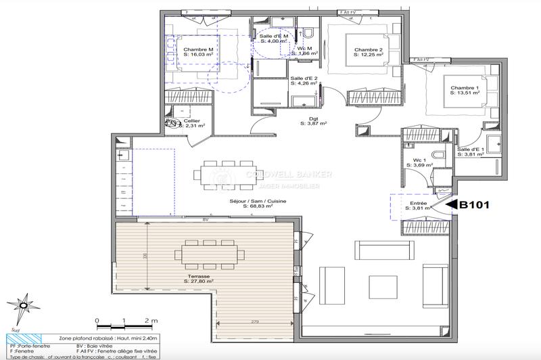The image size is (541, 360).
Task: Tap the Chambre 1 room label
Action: pyautogui.click(x=465, y=87)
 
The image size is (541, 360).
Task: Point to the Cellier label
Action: pyautogui.click(x=193, y=121)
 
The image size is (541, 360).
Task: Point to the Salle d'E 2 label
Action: pyautogui.click(x=304, y=79)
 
